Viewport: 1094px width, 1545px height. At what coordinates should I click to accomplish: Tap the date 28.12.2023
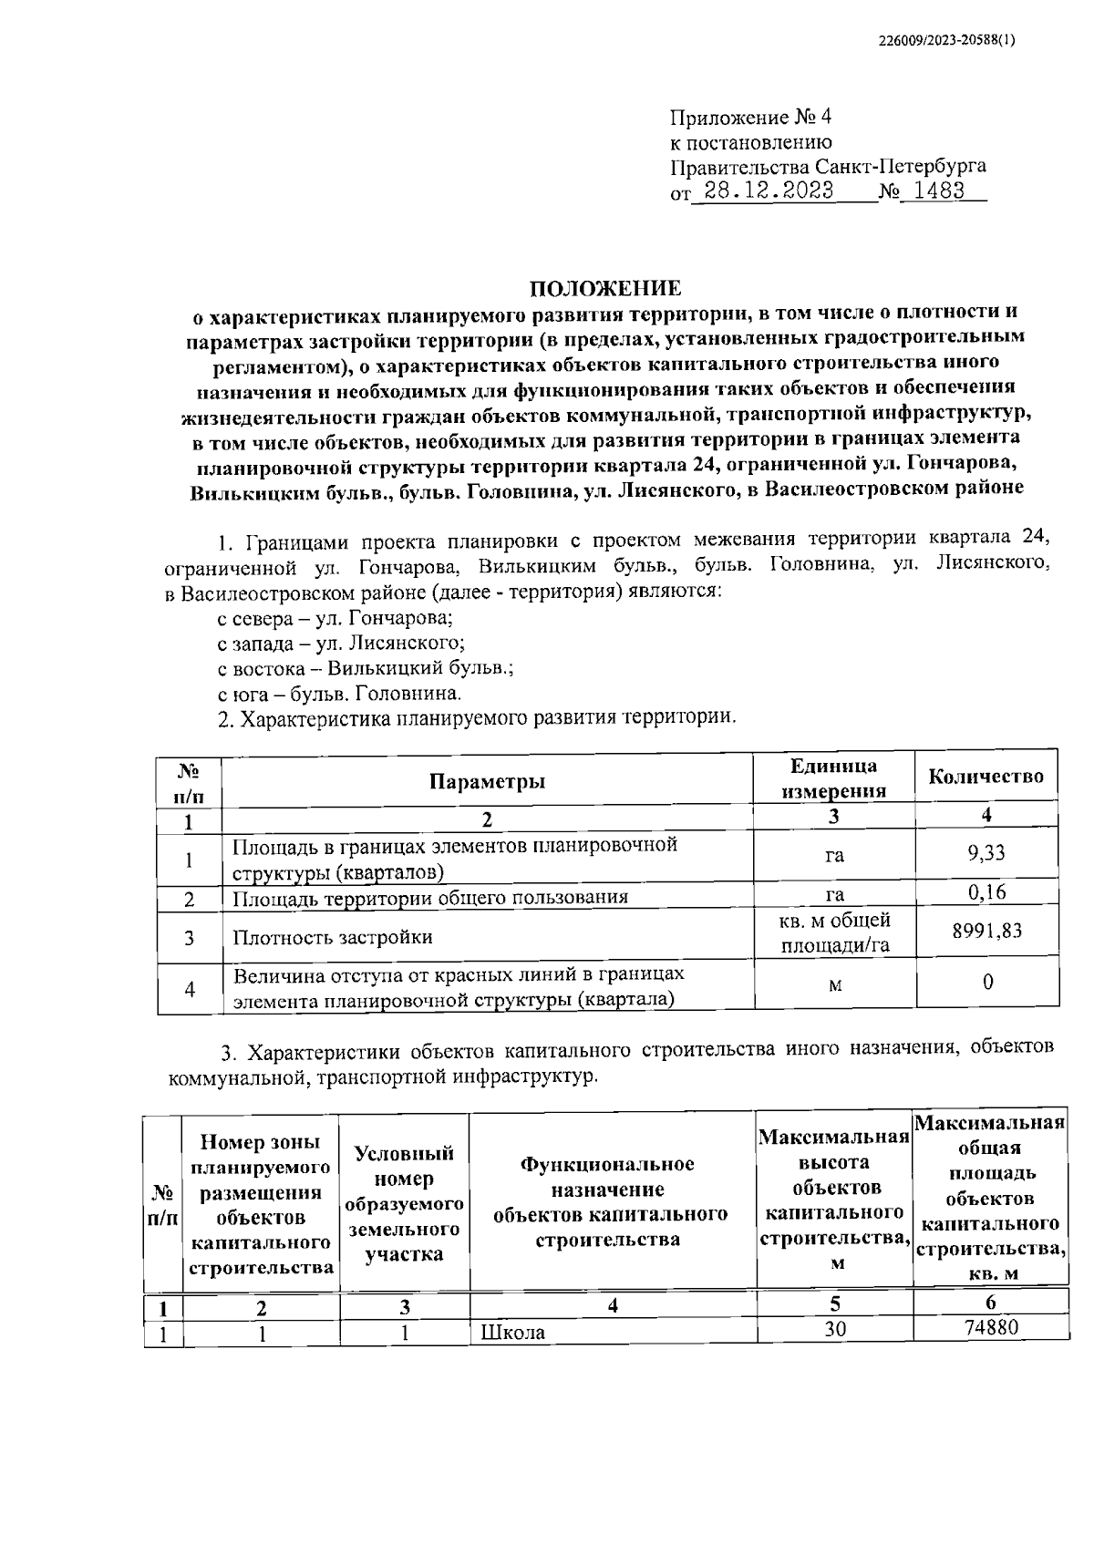(x=763, y=192)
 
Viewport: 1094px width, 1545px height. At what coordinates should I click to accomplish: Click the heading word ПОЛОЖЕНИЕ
(x=606, y=289)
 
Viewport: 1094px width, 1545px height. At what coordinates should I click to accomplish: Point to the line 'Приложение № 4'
(x=750, y=118)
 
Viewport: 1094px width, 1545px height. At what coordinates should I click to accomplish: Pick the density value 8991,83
(x=986, y=931)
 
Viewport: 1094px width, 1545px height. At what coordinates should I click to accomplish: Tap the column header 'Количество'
(x=986, y=777)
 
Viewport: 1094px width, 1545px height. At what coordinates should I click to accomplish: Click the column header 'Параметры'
(x=488, y=781)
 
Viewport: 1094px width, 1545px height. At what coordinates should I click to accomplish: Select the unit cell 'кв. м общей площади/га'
(x=834, y=932)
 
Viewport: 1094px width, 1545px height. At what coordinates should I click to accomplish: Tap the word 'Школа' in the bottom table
(x=512, y=1332)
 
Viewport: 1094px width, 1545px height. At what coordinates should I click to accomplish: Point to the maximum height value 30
(x=835, y=1329)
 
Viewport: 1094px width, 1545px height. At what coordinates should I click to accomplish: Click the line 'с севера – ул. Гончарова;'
(x=335, y=618)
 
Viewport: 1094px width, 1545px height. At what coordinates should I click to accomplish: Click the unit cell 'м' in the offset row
(x=834, y=986)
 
